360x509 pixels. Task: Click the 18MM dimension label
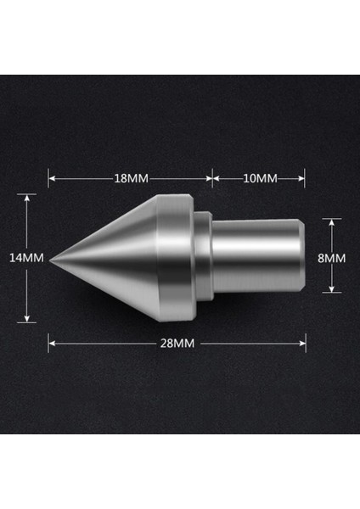point(130,178)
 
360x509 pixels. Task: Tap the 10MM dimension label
point(259,178)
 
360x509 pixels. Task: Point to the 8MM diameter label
point(334,257)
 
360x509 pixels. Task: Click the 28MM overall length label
point(176,344)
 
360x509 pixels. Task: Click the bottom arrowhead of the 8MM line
point(333,290)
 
